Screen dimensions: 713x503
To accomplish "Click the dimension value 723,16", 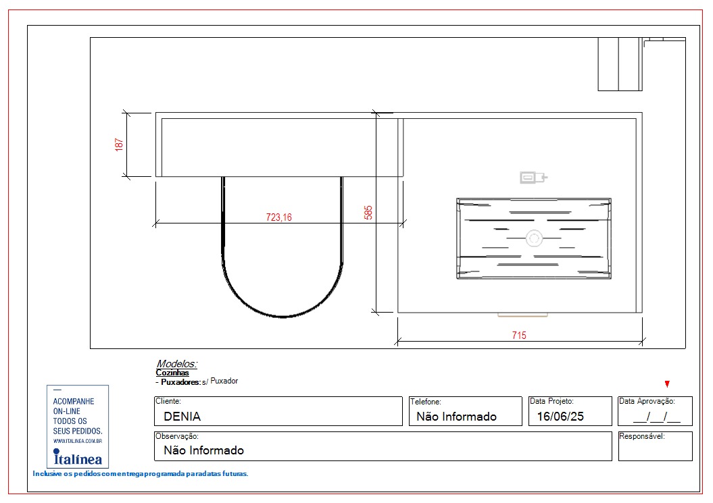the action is (278, 217).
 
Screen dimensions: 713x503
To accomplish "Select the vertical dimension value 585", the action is (368, 213).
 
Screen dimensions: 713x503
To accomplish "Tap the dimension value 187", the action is (119, 144).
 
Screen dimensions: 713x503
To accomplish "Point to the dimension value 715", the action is (519, 336).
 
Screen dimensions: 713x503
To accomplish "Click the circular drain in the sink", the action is (534, 238).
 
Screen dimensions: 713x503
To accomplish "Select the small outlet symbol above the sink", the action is (533, 177).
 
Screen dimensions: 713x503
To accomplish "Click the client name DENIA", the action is (182, 416).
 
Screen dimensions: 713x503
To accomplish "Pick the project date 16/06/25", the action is (560, 416).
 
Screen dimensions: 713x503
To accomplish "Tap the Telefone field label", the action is (426, 402).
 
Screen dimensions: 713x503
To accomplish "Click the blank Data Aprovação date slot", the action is (657, 417).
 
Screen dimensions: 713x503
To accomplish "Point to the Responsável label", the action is (642, 436).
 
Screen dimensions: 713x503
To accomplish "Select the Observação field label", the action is (177, 436).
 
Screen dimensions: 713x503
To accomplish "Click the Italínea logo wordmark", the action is (78, 457).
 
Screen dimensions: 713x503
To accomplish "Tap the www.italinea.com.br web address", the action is (78, 441).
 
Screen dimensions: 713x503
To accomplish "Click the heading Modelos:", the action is (177, 363).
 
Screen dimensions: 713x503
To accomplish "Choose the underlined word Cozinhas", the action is (172, 373).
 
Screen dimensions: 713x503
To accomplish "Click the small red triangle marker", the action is (667, 384).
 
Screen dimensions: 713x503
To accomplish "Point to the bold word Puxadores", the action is (180, 382).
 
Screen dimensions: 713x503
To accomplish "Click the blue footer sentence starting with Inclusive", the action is (141, 473).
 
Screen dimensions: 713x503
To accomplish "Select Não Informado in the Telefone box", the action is (457, 416).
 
